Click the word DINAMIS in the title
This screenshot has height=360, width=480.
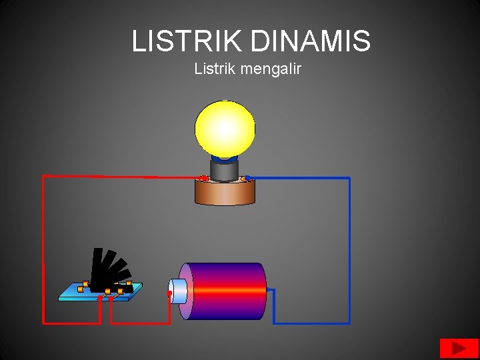(x=311, y=41)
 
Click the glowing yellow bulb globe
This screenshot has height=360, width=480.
(x=225, y=127)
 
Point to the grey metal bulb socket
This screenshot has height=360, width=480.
(x=225, y=170)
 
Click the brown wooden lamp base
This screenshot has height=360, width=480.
(x=225, y=193)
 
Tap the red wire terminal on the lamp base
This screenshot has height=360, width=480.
(x=205, y=178)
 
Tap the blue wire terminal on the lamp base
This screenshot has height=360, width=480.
(x=247, y=178)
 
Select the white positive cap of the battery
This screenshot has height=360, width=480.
(x=179, y=291)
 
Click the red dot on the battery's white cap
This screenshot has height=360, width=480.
(x=170, y=293)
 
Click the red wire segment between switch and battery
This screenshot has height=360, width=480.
(x=140, y=323)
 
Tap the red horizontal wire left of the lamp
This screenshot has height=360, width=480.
(x=120, y=177)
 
